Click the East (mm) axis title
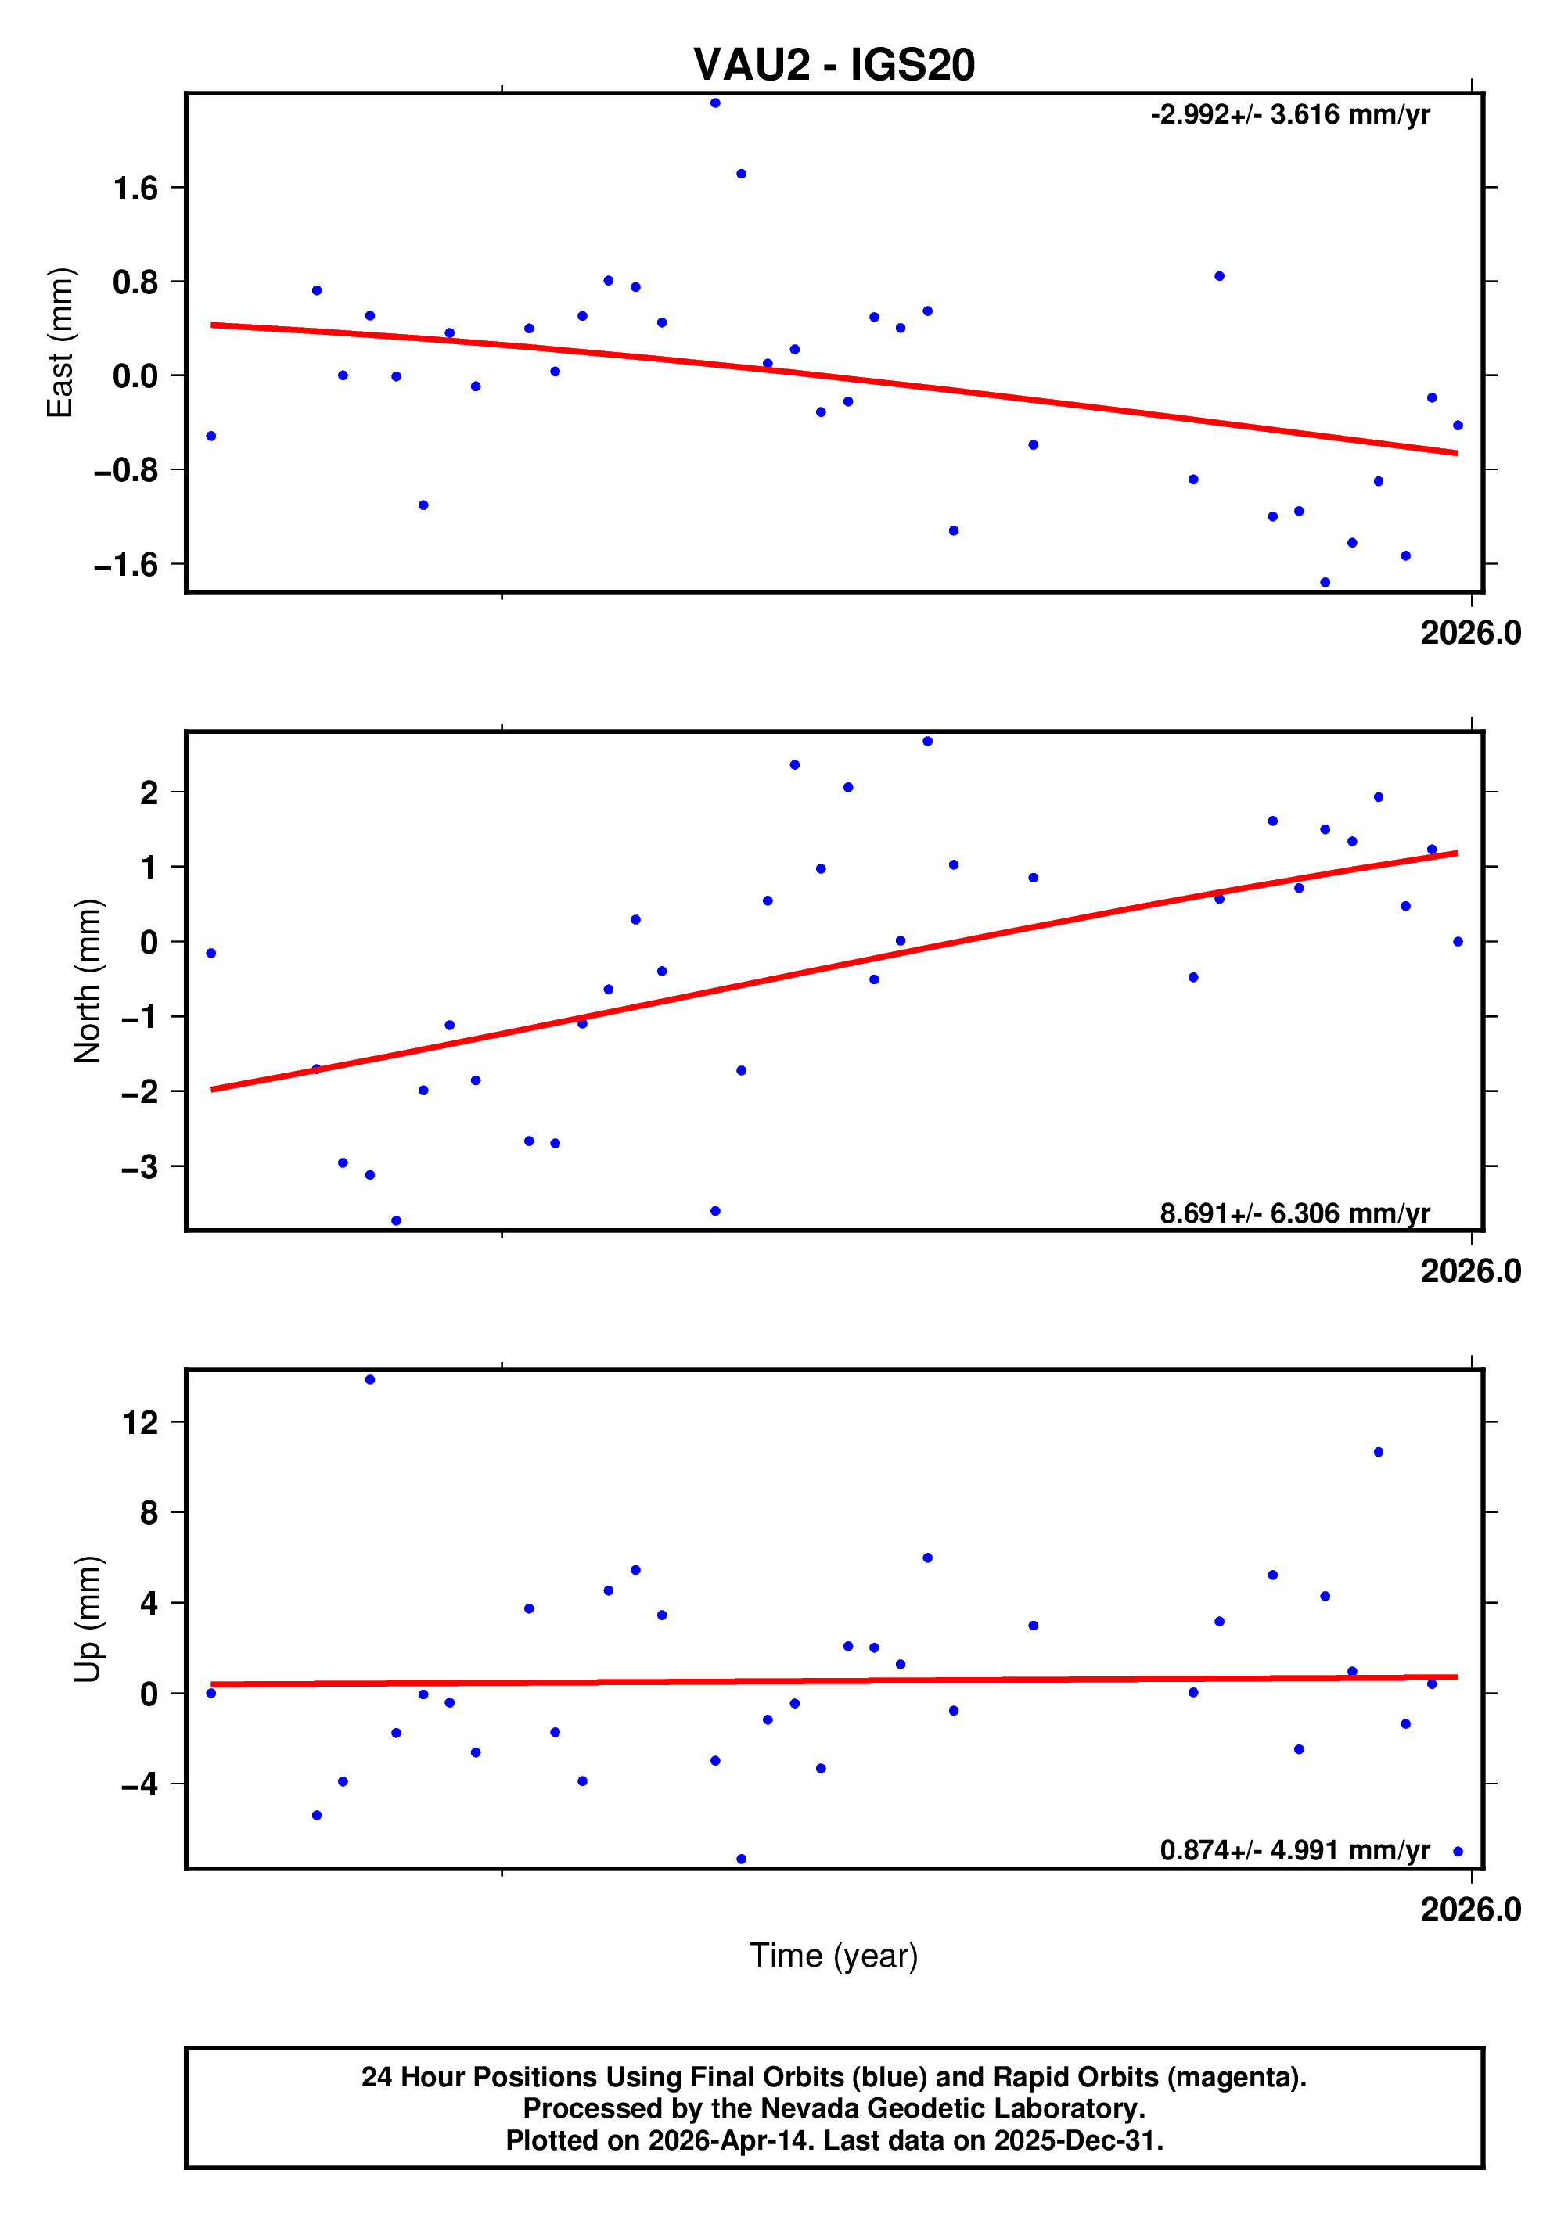pyautogui.click(x=60, y=343)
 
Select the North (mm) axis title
pyautogui.click(x=87, y=981)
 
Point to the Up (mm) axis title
pyautogui.click(x=87, y=1619)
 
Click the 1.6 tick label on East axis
pyautogui.click(x=135, y=189)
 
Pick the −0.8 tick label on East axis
pyautogui.click(x=125, y=470)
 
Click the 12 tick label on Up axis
pyautogui.click(x=139, y=1422)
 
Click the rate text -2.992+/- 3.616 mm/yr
pyautogui.click(x=1290, y=115)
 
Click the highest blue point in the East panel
pyautogui.click(x=715, y=103)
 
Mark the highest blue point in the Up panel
pyautogui.click(x=370, y=1380)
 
